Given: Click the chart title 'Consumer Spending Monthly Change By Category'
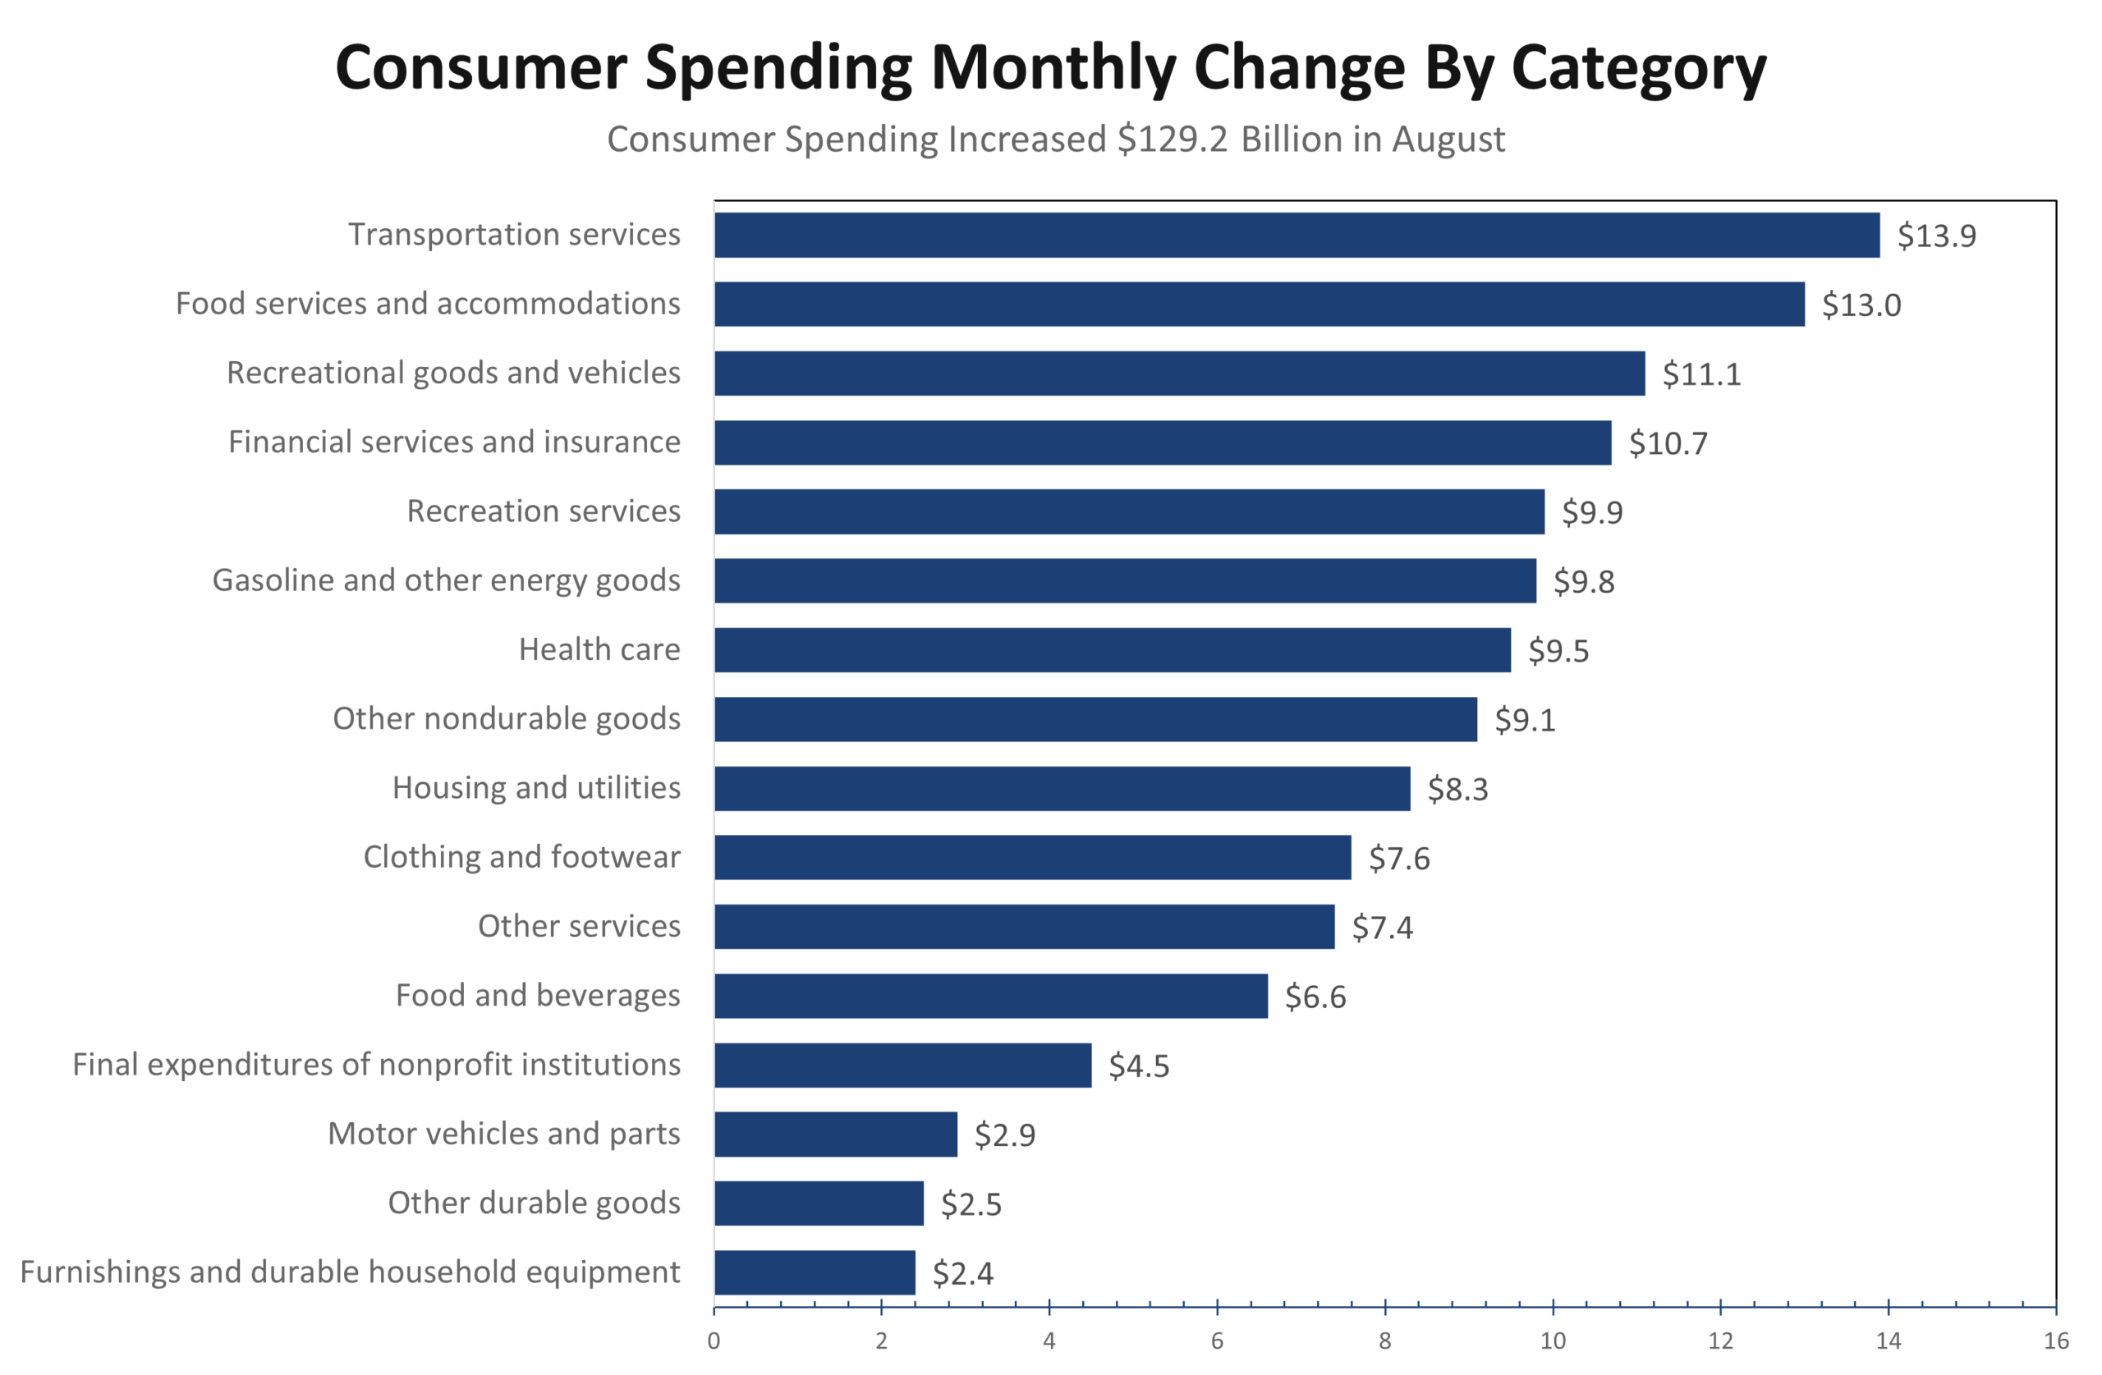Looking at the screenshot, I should point(1050,67).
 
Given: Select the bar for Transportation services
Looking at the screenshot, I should point(1297,235).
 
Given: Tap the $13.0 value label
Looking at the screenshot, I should point(1861,305).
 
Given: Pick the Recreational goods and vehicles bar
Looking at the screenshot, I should point(1179,374).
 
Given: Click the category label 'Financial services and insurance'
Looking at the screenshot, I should point(454,442).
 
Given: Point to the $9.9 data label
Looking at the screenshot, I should point(1591,512).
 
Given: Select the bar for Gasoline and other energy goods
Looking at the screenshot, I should point(1125,581).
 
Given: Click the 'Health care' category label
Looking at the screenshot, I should point(599,649).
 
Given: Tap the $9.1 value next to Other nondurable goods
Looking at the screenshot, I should point(1525,720).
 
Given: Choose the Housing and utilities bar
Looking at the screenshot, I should point(1062,789).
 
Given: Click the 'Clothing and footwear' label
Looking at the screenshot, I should point(521,857).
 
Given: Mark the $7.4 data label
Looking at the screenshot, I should point(1381,928).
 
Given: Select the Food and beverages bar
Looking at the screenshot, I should point(991,996).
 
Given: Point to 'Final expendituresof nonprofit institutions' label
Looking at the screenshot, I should point(376,1064).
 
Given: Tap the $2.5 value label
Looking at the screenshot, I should point(971,1203).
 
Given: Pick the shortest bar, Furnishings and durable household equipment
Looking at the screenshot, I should point(815,1272).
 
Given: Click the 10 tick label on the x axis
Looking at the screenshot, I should point(1553,1341).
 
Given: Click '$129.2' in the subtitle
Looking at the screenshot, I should point(1172,140).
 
